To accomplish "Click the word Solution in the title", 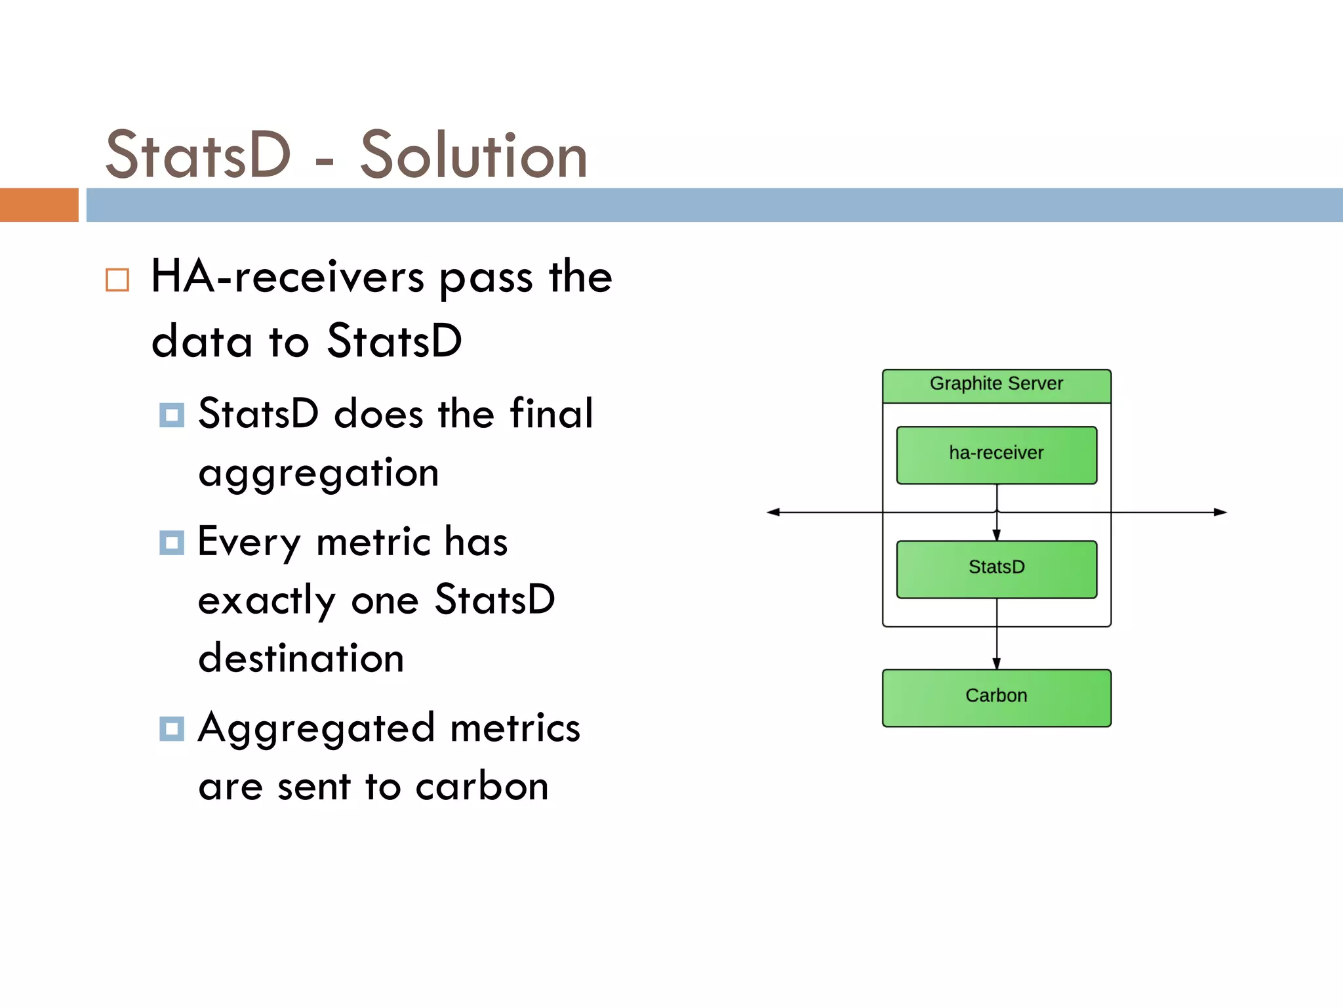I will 473,156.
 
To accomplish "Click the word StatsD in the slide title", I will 197,156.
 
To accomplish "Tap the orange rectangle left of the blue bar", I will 39,205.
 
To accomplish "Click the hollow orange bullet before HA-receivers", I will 117,280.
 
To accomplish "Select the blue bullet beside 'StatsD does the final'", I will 172,415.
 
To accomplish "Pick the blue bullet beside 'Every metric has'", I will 172,543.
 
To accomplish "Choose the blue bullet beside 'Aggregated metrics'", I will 172,729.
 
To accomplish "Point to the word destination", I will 301,659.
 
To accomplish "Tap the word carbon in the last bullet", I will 482,787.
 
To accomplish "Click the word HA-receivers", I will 288,277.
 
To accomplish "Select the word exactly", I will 266,601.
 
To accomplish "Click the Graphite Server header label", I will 996,384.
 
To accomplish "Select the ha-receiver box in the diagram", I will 996,455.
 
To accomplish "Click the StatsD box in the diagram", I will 996,568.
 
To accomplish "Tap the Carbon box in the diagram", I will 996,697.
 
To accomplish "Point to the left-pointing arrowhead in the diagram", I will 774,512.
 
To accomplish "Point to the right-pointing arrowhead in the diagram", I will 1220,512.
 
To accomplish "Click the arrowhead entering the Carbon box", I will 997,664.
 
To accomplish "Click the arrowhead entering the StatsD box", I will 997,535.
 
